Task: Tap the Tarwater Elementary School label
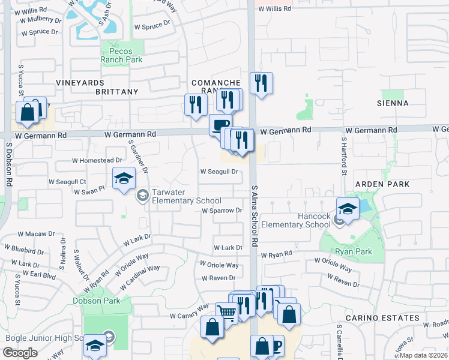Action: (x=178, y=196)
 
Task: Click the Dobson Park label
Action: (x=96, y=301)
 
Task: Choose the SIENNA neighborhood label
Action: (x=394, y=103)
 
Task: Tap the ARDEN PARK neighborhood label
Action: (x=382, y=184)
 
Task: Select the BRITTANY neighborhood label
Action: (x=117, y=92)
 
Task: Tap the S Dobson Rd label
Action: (x=9, y=164)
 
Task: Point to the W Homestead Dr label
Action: (x=97, y=160)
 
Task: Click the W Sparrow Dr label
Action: (x=221, y=211)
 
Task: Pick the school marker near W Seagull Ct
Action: (x=124, y=178)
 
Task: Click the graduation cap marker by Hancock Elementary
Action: (x=347, y=209)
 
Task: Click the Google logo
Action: (x=20, y=353)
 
